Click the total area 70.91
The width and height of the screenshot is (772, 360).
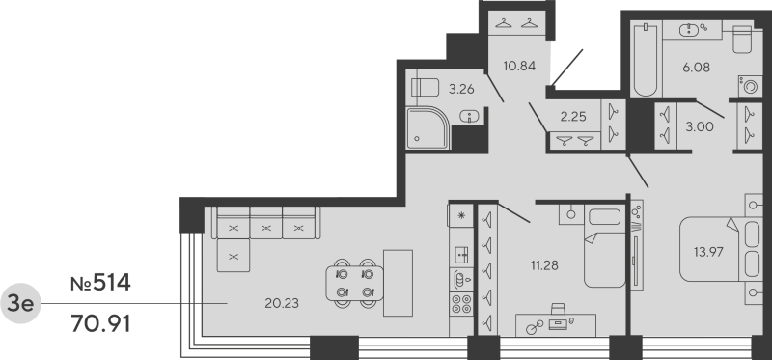point(100,319)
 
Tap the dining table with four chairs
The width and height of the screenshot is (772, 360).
point(354,279)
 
